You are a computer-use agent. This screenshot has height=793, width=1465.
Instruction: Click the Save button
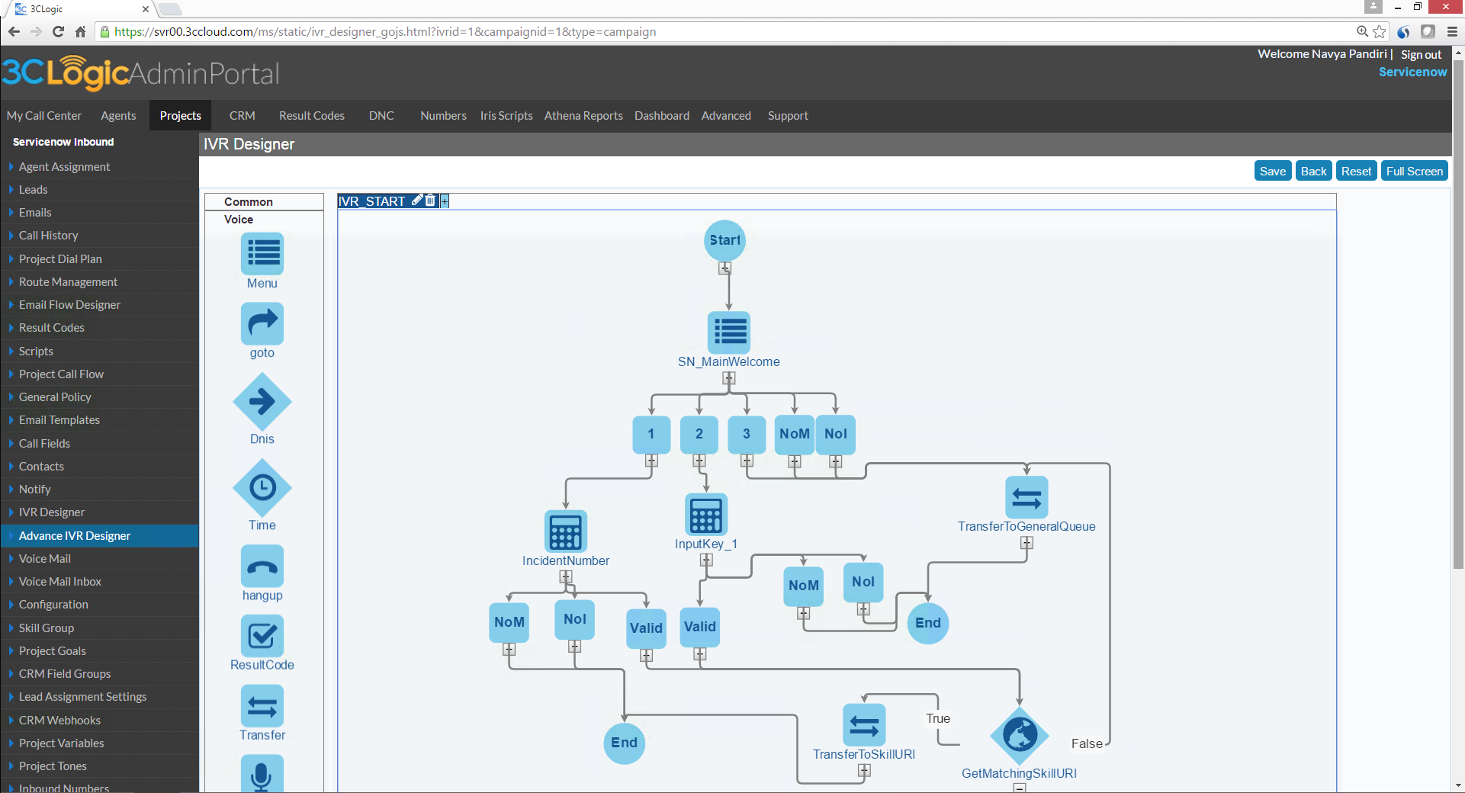coord(1272,172)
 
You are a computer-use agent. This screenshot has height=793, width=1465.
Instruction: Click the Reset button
coord(1356,172)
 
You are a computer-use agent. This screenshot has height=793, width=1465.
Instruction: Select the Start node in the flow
coord(724,240)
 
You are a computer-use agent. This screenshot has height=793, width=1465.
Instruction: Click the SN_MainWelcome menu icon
coord(729,332)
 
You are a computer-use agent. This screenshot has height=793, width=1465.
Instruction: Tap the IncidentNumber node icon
coord(566,531)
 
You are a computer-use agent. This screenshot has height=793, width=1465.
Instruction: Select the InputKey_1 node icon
coord(706,515)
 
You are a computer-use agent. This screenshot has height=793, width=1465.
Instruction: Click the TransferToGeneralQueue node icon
coord(1026,498)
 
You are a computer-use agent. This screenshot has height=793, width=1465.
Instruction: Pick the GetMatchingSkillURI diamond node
coord(1020,735)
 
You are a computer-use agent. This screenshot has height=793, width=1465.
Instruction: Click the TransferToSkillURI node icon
coord(864,725)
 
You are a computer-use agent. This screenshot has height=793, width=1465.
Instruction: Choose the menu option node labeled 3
coord(747,434)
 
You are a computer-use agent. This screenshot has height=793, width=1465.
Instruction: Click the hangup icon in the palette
coord(262,566)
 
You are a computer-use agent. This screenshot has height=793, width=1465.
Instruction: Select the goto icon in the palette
coord(262,324)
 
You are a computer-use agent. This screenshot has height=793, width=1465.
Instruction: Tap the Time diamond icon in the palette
coord(262,487)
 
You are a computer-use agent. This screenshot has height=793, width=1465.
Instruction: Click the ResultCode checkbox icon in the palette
coord(262,636)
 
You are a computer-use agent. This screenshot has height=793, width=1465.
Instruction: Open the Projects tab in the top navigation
coord(181,116)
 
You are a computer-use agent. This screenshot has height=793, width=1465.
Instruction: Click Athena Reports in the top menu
coord(583,116)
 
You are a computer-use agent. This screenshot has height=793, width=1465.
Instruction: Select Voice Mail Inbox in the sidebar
coord(60,582)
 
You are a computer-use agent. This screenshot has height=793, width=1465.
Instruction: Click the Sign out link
coord(1421,55)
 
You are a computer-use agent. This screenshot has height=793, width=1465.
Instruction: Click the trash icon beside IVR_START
coord(430,201)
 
